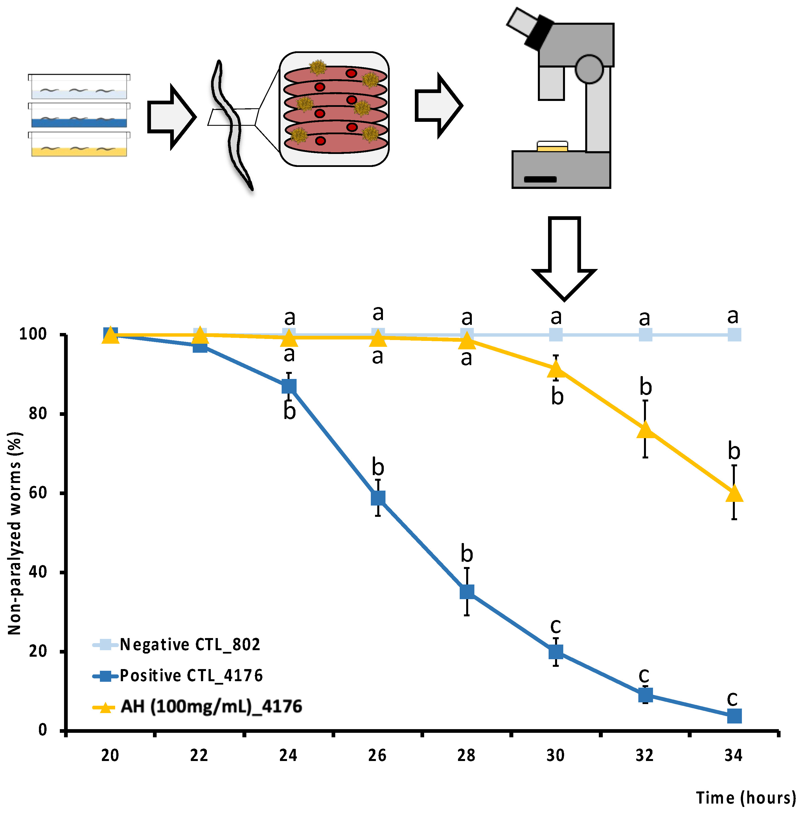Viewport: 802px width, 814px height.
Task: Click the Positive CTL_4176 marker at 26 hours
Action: point(378,498)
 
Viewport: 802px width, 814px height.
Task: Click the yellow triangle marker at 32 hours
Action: point(645,430)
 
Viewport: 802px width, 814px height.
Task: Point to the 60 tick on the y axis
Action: point(38,493)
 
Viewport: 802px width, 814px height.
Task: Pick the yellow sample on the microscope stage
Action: point(552,148)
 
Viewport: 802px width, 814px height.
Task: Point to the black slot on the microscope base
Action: point(540,179)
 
